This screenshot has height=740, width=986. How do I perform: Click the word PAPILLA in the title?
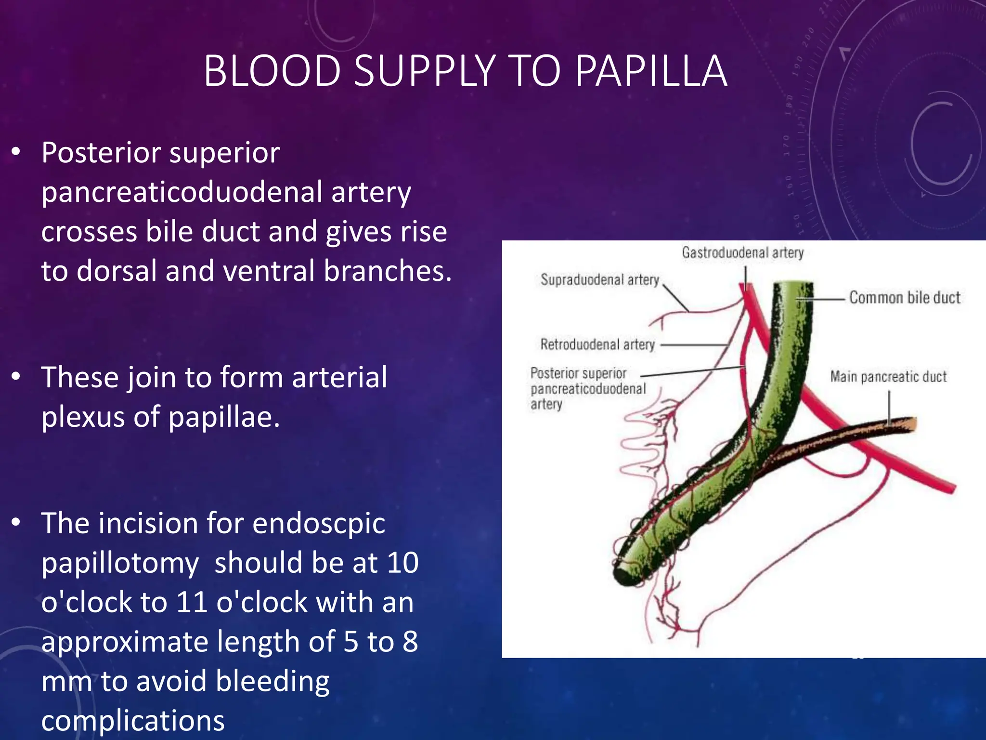[x=651, y=71]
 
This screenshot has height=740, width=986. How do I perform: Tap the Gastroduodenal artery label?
[x=743, y=252]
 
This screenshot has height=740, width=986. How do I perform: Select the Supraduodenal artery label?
[x=599, y=279]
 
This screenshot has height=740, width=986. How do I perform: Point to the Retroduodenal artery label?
[x=597, y=344]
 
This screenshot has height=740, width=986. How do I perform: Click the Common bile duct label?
[x=905, y=298]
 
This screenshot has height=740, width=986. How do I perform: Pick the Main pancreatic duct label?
[x=888, y=376]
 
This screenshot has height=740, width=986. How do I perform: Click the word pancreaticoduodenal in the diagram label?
[x=588, y=388]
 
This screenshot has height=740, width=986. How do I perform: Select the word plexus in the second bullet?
[x=83, y=417]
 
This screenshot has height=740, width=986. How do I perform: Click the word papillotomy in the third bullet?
[x=120, y=563]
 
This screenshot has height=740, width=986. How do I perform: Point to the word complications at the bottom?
[x=133, y=721]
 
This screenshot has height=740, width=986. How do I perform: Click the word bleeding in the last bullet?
[x=272, y=681]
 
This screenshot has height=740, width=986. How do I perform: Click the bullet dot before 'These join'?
[x=16, y=377]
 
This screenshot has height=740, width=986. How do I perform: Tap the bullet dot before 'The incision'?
[x=16, y=523]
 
